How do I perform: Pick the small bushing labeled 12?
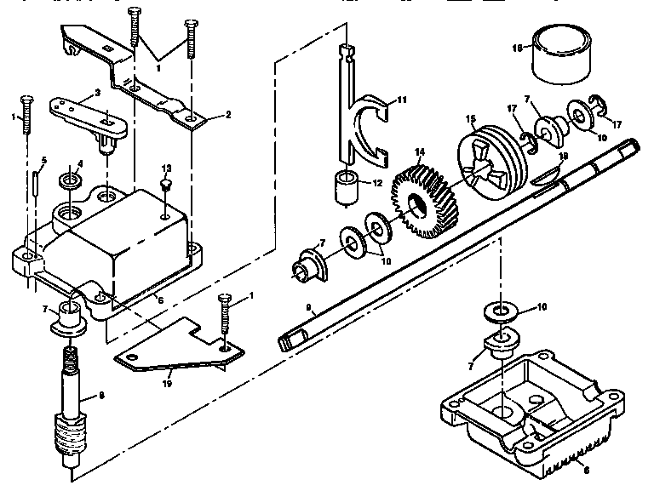tap(344, 186)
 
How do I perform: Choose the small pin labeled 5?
tap(35, 184)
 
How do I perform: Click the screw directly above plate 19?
tap(225, 319)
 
